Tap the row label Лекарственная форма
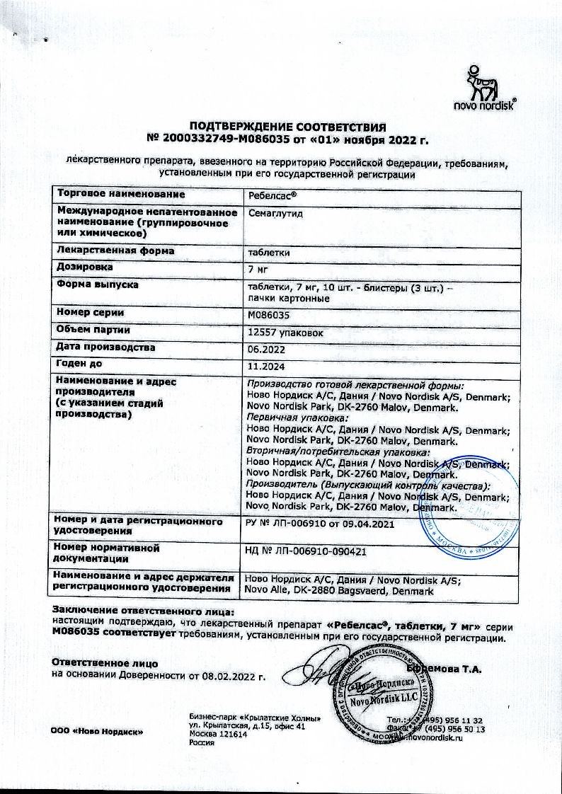coord(115,251)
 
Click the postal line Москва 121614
coord(218,735)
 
